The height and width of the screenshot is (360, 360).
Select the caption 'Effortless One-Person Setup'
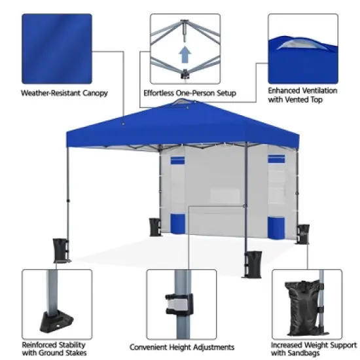point(190,93)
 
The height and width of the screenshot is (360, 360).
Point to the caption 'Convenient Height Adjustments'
point(181,347)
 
